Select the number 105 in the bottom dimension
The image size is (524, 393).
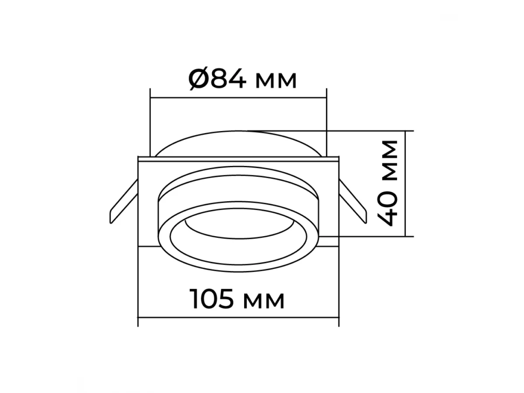tap(211, 299)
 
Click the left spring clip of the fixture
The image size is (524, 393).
tap(124, 201)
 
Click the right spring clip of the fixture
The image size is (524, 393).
tap(353, 201)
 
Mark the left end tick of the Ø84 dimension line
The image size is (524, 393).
tap(150, 97)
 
